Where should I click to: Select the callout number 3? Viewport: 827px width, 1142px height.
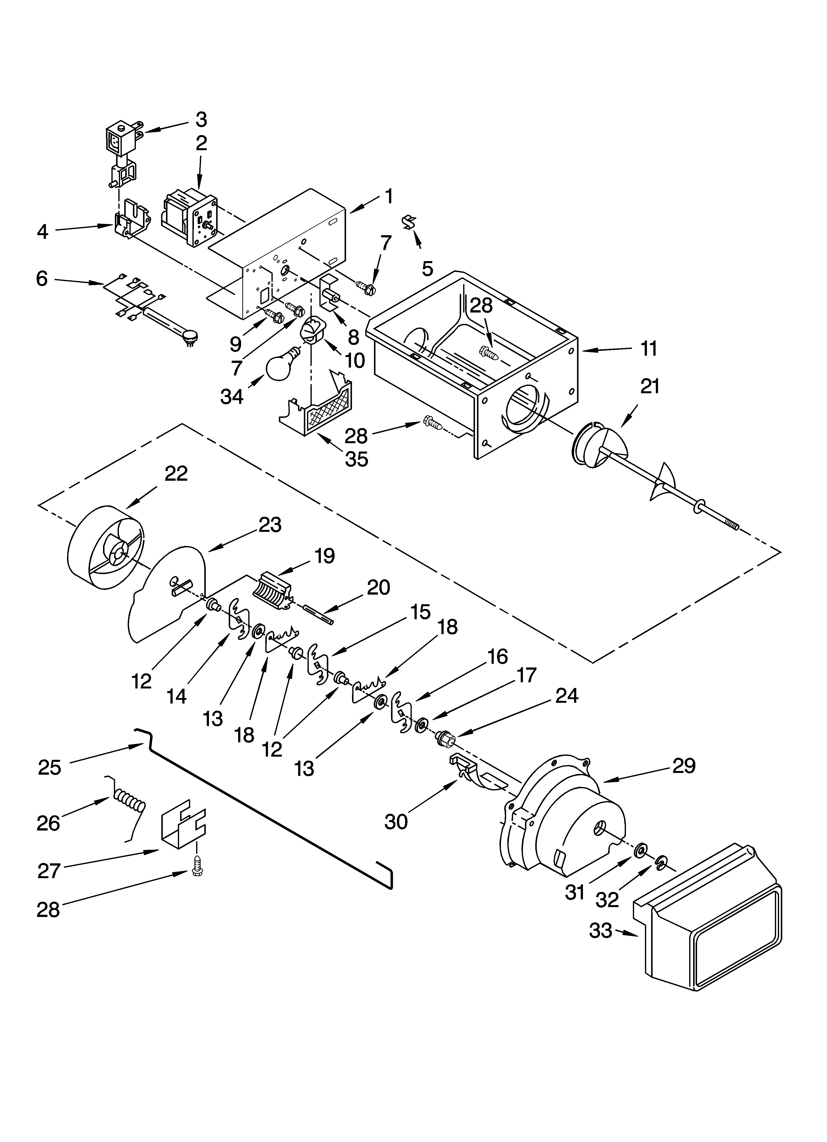(201, 119)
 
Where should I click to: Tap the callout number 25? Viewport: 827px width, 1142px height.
(49, 767)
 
